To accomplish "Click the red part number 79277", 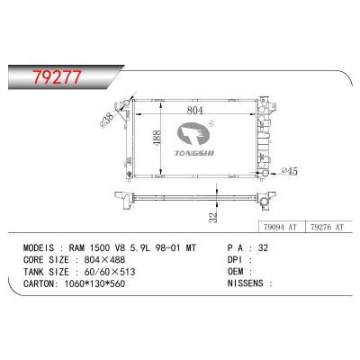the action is point(57,77).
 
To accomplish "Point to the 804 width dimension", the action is point(195,111).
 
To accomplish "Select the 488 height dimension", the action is point(157,139).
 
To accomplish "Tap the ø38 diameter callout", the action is point(107,120).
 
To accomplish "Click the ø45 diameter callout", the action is point(290,171).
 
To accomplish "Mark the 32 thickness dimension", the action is point(212,217).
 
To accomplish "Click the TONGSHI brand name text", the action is point(194,153).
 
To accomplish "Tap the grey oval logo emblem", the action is point(193,134).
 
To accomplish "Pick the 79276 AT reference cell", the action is point(328,227).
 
